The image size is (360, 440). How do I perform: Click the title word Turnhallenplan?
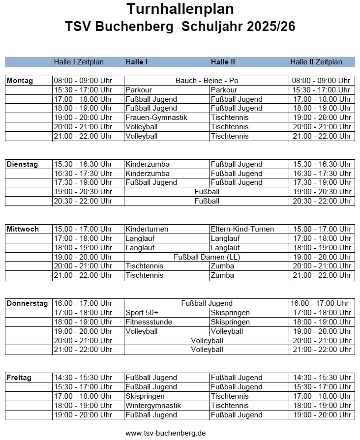tap(180, 9)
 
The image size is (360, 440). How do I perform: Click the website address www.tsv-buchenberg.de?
tap(165, 433)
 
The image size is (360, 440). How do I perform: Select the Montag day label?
tap(20, 81)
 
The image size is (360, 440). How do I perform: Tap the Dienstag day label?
tap(22, 164)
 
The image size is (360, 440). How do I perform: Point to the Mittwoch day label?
tap(23, 229)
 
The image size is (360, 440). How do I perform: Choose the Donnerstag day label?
tap(28, 303)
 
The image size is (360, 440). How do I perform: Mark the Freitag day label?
tap(19, 378)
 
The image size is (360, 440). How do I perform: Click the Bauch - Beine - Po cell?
tap(207, 81)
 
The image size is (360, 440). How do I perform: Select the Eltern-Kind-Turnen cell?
tap(242, 229)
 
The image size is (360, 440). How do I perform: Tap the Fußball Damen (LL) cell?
tap(207, 257)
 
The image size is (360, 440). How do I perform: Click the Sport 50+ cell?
tap(142, 313)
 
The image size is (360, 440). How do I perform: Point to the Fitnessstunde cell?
tap(149, 322)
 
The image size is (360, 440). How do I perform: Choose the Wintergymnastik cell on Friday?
tap(153, 406)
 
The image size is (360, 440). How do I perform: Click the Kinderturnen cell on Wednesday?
tap(147, 229)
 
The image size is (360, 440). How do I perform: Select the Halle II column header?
tap(223, 62)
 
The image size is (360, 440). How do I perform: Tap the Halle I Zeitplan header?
tap(79, 62)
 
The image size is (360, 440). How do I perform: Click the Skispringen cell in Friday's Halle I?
tap(145, 396)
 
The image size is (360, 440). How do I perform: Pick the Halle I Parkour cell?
tap(139, 90)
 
